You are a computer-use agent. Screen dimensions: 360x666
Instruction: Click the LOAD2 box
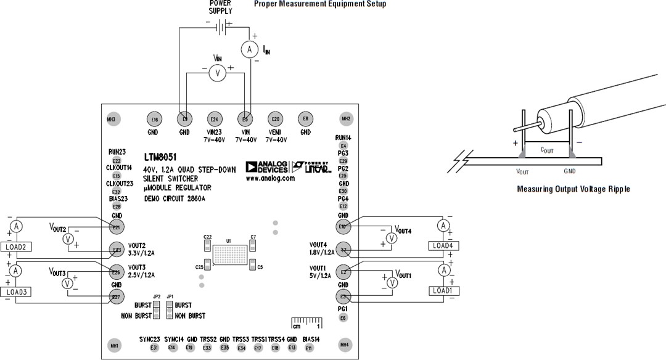17,247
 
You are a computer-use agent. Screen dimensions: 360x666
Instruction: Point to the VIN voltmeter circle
216,73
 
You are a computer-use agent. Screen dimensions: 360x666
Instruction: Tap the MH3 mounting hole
112,119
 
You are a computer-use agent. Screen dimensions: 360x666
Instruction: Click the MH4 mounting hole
346,345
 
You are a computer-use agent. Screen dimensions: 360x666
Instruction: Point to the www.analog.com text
269,179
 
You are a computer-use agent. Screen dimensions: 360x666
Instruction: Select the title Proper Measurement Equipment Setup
320,4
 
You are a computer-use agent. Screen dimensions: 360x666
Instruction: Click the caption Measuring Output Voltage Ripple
573,189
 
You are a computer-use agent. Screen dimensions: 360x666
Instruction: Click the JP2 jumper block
157,310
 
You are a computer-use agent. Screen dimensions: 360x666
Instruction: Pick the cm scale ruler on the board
306,322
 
